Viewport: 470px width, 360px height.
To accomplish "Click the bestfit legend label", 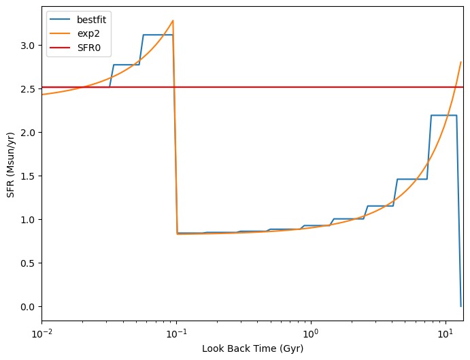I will coord(90,19).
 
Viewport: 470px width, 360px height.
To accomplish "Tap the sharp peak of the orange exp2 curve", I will coord(173,20).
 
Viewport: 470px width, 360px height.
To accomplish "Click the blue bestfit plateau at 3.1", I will coord(157,35).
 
